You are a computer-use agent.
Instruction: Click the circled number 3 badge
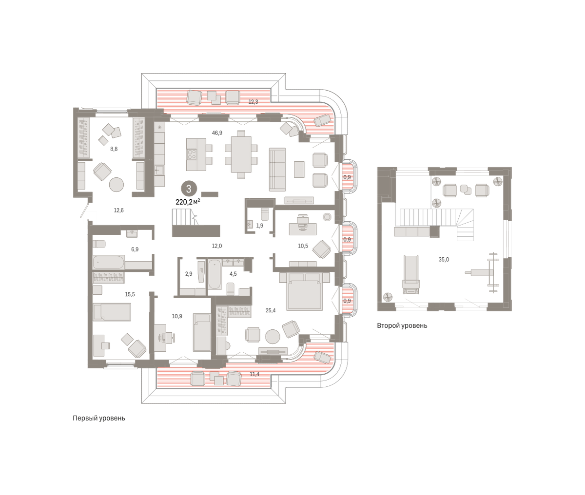click(x=189, y=189)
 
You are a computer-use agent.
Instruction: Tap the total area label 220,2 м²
click(x=188, y=202)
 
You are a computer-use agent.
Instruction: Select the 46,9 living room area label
click(x=217, y=133)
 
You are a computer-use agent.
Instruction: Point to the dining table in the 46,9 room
click(x=241, y=154)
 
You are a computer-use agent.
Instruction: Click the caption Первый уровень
click(x=99, y=418)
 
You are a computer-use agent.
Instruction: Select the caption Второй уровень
click(x=402, y=325)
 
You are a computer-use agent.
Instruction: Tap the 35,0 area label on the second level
click(x=444, y=259)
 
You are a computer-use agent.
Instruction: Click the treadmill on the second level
click(x=411, y=275)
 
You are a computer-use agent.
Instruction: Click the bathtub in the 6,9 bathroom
click(x=108, y=262)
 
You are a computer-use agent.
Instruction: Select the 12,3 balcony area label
click(x=253, y=102)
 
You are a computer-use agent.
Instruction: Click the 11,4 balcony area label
click(x=254, y=374)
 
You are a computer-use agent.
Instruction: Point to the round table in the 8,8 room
click(x=117, y=185)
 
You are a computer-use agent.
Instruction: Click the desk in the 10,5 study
click(x=303, y=229)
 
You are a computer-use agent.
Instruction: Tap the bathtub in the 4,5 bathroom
click(x=215, y=275)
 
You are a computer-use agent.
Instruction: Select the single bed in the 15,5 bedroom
click(x=112, y=312)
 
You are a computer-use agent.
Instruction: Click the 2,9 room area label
click(x=189, y=274)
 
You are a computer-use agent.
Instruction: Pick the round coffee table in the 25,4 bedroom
click(x=273, y=337)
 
